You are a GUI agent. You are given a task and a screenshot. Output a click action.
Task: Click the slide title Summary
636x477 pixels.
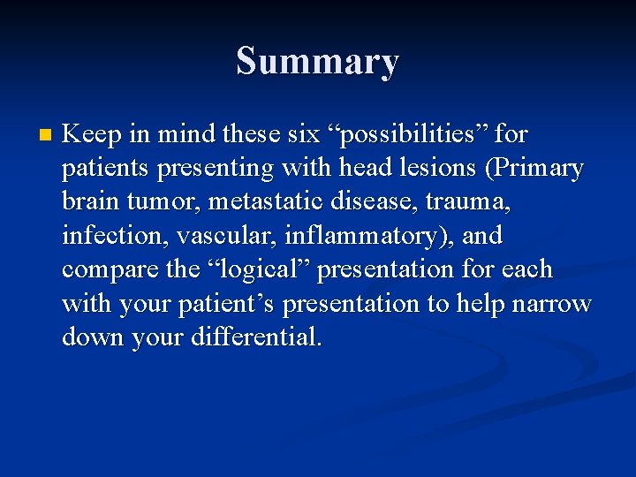point(317,62)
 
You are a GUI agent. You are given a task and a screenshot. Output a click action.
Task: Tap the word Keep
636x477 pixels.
point(88,134)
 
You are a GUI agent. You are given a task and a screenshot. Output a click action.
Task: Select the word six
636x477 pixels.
point(304,134)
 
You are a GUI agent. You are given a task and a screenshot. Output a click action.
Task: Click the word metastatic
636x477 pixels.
point(258,201)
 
